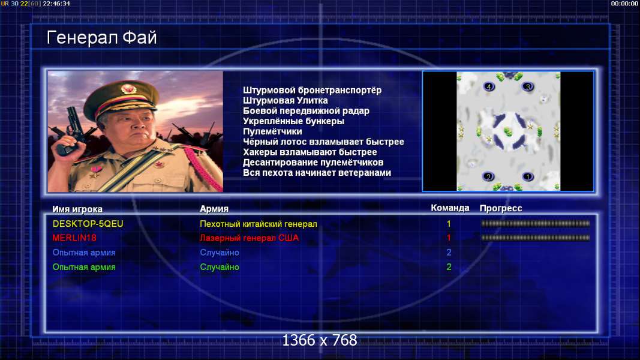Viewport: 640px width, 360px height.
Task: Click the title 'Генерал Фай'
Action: coord(101,38)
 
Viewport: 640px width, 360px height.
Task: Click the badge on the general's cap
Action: coord(128,89)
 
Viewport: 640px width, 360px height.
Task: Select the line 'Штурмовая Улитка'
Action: coord(285,100)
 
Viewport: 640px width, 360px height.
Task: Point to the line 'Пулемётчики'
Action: coord(272,131)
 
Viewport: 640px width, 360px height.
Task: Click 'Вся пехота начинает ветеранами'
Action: coord(317,173)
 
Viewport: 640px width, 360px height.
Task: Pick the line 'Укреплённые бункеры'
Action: coord(293,121)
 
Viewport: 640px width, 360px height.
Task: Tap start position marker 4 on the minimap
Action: coord(489,86)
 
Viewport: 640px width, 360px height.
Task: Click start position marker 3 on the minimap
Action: coord(528,86)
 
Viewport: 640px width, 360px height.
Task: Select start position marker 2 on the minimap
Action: coord(488,176)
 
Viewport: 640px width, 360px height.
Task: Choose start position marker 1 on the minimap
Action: coord(527,176)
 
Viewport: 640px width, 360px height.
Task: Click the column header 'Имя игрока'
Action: coord(77,209)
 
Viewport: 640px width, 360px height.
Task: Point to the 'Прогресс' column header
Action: coord(501,208)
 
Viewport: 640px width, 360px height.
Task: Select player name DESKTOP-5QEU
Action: coord(88,224)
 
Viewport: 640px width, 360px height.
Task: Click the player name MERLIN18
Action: coord(74,238)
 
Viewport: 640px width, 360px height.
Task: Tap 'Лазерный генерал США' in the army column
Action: coord(249,238)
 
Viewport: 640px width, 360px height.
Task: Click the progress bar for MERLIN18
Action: coord(535,238)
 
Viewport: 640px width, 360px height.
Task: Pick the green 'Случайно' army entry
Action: coord(219,267)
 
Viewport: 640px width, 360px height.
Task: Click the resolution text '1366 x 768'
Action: coord(320,340)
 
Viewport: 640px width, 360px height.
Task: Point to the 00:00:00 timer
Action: coord(624,4)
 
